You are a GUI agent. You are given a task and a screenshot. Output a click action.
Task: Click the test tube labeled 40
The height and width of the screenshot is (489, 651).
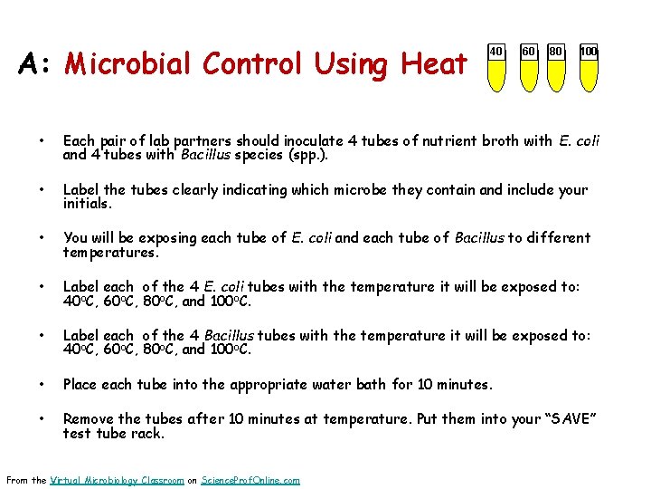point(496,68)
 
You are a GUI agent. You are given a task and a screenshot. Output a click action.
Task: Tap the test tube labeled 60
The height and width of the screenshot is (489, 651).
point(528,68)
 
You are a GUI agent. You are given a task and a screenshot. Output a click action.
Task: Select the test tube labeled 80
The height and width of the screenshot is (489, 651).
point(557,68)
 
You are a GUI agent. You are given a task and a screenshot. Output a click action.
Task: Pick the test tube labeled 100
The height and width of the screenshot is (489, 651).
point(589,68)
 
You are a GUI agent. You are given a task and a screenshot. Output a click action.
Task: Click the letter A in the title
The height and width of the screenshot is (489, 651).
point(33,64)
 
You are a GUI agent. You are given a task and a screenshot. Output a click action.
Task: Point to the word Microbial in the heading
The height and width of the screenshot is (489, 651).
point(129,64)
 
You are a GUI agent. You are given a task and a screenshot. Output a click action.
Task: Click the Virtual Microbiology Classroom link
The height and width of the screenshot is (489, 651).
point(118,480)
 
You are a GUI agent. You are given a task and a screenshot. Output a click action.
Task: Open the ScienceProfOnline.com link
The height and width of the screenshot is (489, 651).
point(250,480)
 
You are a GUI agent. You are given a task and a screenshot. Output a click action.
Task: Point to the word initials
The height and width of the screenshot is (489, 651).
point(87,204)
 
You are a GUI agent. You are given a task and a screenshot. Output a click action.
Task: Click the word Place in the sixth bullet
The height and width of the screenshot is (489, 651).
point(80,385)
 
